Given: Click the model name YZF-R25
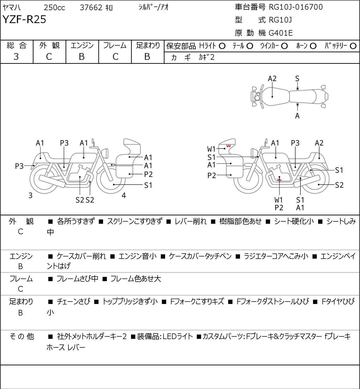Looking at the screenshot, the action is click(x=24, y=19).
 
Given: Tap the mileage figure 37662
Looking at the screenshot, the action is click(x=91, y=8).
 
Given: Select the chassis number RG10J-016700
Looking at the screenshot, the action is click(x=296, y=7).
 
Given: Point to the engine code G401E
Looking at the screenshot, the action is click(x=281, y=33).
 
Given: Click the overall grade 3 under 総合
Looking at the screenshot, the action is click(x=16, y=57).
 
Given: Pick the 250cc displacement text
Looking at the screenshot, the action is click(x=54, y=8).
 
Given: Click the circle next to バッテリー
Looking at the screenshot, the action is click(x=353, y=46).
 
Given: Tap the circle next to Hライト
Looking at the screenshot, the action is click(x=222, y=46).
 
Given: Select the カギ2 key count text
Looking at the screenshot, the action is click(x=207, y=57).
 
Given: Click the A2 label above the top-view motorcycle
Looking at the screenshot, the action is click(x=272, y=79).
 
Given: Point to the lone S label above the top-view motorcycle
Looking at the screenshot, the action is click(x=297, y=79).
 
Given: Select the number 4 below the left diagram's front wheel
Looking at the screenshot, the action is click(x=124, y=195).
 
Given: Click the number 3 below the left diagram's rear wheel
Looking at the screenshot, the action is click(x=30, y=195).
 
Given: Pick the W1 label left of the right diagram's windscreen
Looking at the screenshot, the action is click(x=211, y=149).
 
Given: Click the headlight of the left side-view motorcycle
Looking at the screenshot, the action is click(x=105, y=153).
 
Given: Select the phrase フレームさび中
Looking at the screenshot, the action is click(x=77, y=279).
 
